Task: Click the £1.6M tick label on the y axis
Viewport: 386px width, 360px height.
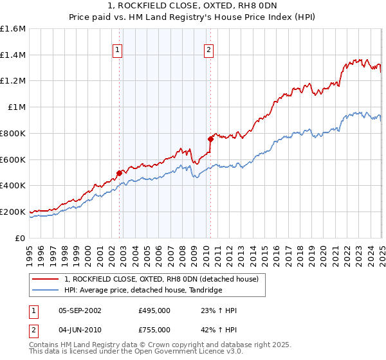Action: (13, 29)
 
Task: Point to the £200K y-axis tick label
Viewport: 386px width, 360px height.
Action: (13, 212)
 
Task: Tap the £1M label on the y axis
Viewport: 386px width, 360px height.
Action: (16, 107)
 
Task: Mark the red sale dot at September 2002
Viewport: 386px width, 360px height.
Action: (119, 173)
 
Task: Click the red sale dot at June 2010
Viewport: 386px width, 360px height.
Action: (210, 139)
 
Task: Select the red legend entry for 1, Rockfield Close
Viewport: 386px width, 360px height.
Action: (161, 279)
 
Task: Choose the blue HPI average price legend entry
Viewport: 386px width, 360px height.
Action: (142, 290)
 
